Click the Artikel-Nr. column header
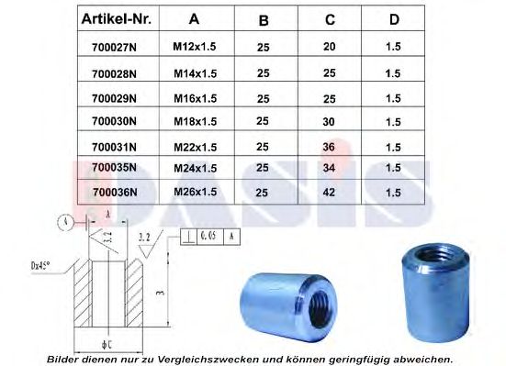point(117,18)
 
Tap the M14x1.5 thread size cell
point(194,71)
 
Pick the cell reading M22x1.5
point(195,144)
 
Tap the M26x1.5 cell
point(195,191)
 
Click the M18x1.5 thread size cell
point(195,119)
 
